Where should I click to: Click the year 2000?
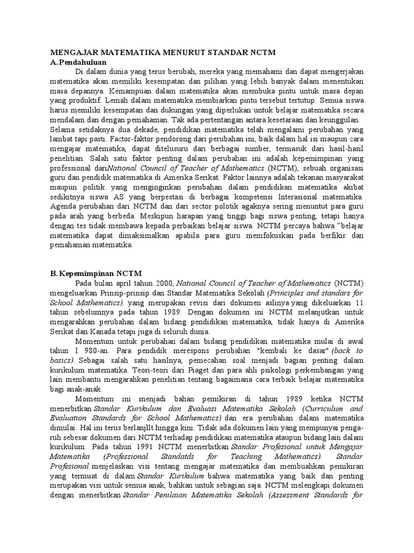(x=163, y=283)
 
